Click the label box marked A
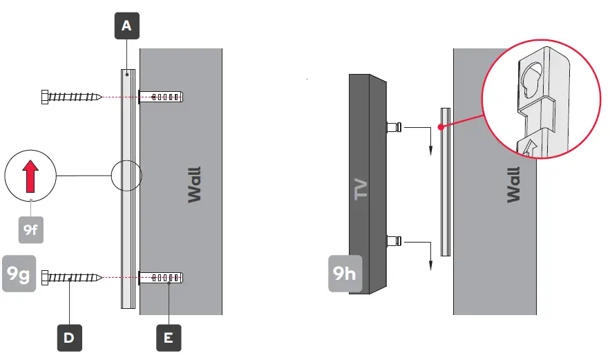tap(126, 26)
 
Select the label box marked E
tap(169, 337)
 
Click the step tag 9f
tap(30, 229)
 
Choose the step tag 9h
tap(343, 273)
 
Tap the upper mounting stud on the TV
tap(392, 127)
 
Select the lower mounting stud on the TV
tap(392, 241)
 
